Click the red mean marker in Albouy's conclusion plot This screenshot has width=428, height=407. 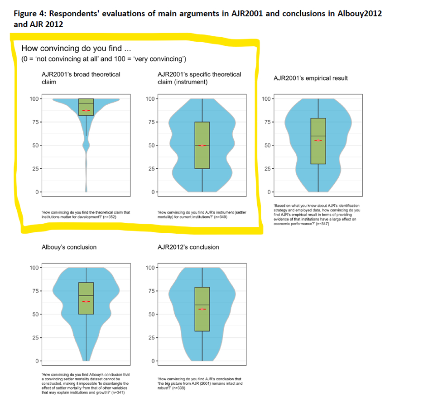click(x=86, y=301)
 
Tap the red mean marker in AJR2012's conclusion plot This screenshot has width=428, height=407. click(x=202, y=309)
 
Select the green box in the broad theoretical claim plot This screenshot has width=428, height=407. click(x=86, y=107)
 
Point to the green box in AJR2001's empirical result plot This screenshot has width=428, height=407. click(x=318, y=141)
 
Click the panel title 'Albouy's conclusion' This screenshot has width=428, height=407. click(x=69, y=247)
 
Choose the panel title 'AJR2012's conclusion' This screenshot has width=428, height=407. click(x=188, y=247)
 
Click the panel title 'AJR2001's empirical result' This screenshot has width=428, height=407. click(x=311, y=78)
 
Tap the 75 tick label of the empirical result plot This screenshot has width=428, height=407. click(x=268, y=122)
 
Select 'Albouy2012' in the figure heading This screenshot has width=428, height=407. click(x=360, y=13)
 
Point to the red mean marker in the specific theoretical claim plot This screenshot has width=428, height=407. click(x=202, y=145)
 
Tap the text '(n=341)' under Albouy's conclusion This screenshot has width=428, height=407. click(x=115, y=392)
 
